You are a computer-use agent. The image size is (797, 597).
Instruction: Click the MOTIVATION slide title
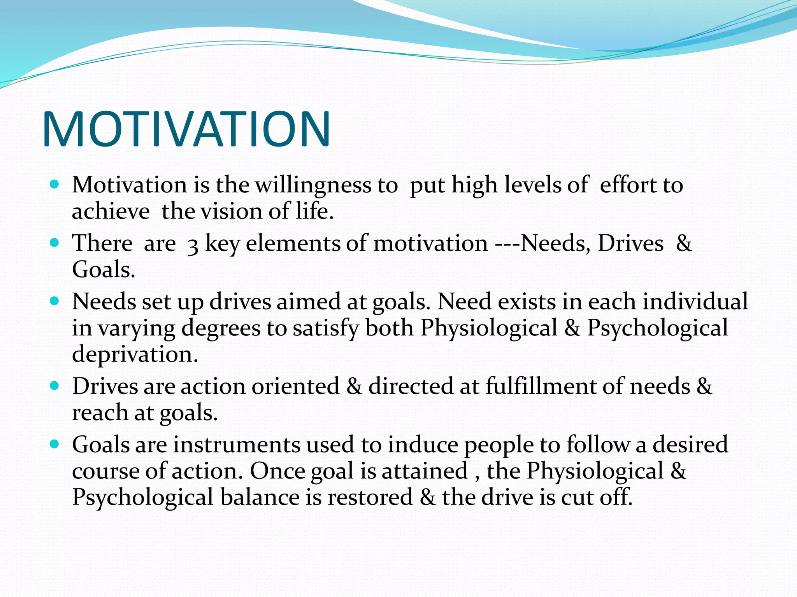(186, 130)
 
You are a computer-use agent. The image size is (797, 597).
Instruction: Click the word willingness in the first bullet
(313, 185)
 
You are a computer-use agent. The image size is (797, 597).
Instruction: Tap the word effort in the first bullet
(627, 185)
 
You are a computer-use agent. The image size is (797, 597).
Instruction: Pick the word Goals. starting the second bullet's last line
(104, 270)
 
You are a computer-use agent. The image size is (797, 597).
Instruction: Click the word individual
(695, 302)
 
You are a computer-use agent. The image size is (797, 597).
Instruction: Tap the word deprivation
(135, 354)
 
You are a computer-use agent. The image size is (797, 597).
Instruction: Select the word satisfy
(326, 328)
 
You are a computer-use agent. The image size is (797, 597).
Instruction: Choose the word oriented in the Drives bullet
(296, 387)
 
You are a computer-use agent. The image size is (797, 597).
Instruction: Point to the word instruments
(237, 445)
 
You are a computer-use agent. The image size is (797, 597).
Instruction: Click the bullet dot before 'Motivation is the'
(55, 184)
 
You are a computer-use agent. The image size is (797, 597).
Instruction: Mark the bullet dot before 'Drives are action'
(55, 386)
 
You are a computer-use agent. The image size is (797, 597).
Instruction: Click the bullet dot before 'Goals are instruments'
(55, 444)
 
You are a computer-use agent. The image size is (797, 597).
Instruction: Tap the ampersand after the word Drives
(684, 244)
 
